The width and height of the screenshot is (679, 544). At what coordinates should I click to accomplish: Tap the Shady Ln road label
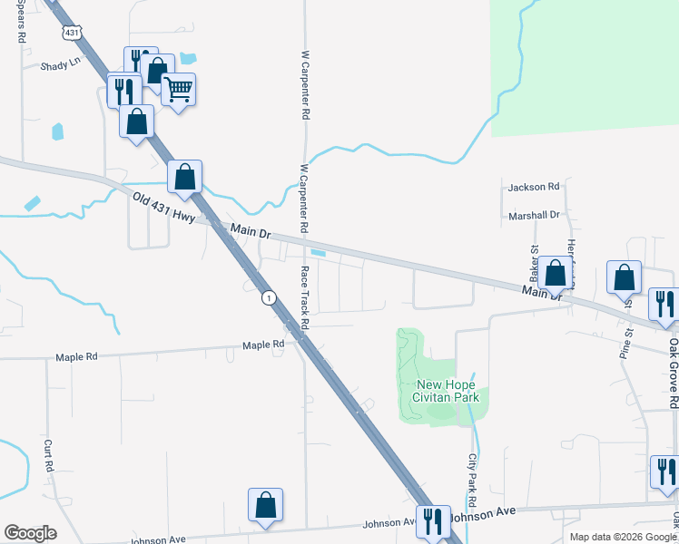coord(60,66)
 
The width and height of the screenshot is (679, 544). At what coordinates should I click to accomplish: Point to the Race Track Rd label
coord(305,298)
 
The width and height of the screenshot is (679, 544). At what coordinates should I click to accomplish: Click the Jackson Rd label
coord(534,187)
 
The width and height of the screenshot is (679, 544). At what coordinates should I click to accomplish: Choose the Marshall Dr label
coord(534,215)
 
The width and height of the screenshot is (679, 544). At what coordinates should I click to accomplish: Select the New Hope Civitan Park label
coord(446,391)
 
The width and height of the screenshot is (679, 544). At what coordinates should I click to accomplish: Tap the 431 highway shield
coord(71,33)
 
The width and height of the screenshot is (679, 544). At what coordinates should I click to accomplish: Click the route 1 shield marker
coord(269,297)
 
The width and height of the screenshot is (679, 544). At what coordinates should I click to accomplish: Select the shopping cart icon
coord(179,89)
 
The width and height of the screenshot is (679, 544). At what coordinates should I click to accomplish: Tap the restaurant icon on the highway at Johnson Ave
coord(433,520)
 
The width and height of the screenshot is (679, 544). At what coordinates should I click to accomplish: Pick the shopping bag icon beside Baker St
coord(555,272)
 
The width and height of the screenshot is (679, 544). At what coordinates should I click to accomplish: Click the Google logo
coord(30,533)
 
